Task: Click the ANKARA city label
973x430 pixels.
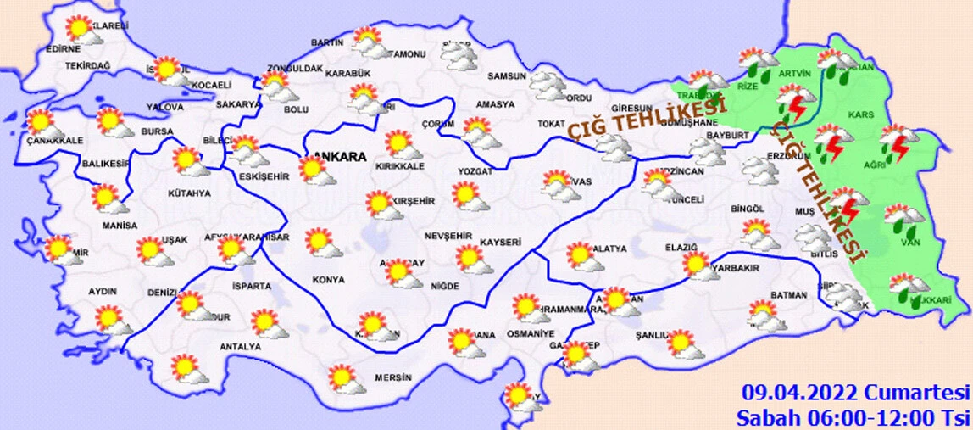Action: coord(340,157)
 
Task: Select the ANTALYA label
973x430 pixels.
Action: coord(240,346)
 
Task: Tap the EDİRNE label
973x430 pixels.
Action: coord(63,49)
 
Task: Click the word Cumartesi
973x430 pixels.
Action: coord(916,393)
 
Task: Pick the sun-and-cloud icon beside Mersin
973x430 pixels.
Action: coord(345,378)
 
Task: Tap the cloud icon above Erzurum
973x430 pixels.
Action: coord(759,170)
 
